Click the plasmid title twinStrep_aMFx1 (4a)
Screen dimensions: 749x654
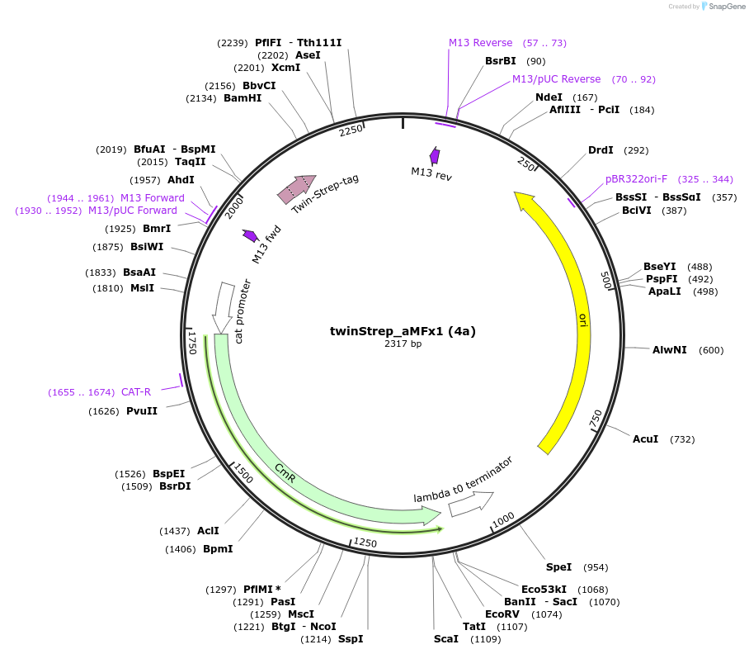click(403, 331)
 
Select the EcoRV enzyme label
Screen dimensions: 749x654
click(502, 614)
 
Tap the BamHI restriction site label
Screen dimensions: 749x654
click(243, 98)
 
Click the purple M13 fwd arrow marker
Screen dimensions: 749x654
click(250, 235)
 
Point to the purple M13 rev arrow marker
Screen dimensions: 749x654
click(435, 156)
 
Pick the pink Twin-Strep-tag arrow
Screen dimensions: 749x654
click(297, 188)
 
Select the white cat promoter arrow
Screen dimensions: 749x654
click(223, 307)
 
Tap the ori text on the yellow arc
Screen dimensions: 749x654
click(582, 320)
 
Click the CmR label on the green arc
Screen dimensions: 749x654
click(285, 473)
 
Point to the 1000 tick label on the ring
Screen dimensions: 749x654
click(503, 519)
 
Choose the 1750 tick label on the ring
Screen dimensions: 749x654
click(192, 343)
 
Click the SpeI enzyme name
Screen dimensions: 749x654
click(559, 567)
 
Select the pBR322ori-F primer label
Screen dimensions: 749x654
click(636, 179)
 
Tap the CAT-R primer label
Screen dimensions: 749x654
click(136, 392)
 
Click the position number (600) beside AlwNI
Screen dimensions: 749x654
click(711, 350)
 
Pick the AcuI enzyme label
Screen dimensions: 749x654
click(645, 438)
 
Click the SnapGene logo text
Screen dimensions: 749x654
click(726, 7)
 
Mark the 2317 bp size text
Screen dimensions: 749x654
click(403, 344)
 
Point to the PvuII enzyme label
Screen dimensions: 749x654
click(142, 411)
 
